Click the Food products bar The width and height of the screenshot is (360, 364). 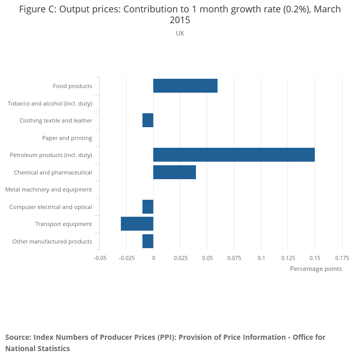185,86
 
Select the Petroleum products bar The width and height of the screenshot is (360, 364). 234,155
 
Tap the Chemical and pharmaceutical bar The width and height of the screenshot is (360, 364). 174,172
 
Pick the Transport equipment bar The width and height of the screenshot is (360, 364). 137,224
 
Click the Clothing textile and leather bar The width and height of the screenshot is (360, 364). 148,120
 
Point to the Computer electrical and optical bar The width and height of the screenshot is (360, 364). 148,207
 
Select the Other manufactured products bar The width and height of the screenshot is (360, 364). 148,241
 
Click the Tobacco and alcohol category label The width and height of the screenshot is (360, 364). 50,103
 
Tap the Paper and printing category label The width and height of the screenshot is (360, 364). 67,138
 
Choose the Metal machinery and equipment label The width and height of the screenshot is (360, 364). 48,189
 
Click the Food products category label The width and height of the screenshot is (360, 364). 73,86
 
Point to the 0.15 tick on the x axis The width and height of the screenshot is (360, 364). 315,257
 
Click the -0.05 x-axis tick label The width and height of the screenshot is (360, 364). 100,257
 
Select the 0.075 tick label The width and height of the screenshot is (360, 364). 234,257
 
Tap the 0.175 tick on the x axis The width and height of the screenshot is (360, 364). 341,257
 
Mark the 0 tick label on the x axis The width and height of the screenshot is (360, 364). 153,257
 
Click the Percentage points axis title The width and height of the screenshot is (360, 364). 316,269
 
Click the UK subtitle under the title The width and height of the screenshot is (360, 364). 180,33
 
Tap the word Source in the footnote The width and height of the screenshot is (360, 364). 18,337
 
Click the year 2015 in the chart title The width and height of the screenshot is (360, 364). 180,21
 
